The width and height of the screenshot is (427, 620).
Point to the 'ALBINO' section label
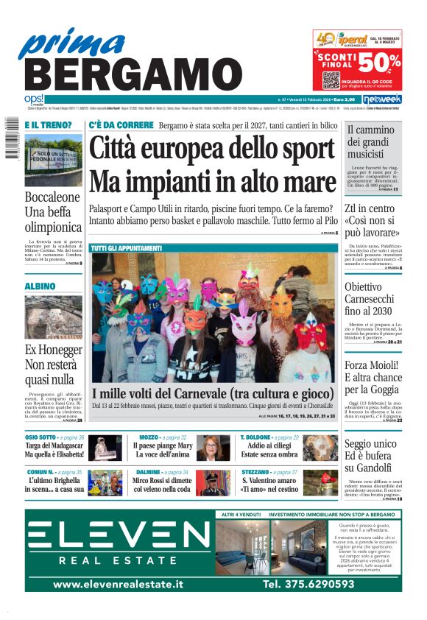40,286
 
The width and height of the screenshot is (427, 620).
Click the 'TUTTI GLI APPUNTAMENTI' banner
127,249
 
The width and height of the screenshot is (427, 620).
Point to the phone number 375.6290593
308,584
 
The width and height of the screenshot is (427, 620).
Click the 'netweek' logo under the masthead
381,99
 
